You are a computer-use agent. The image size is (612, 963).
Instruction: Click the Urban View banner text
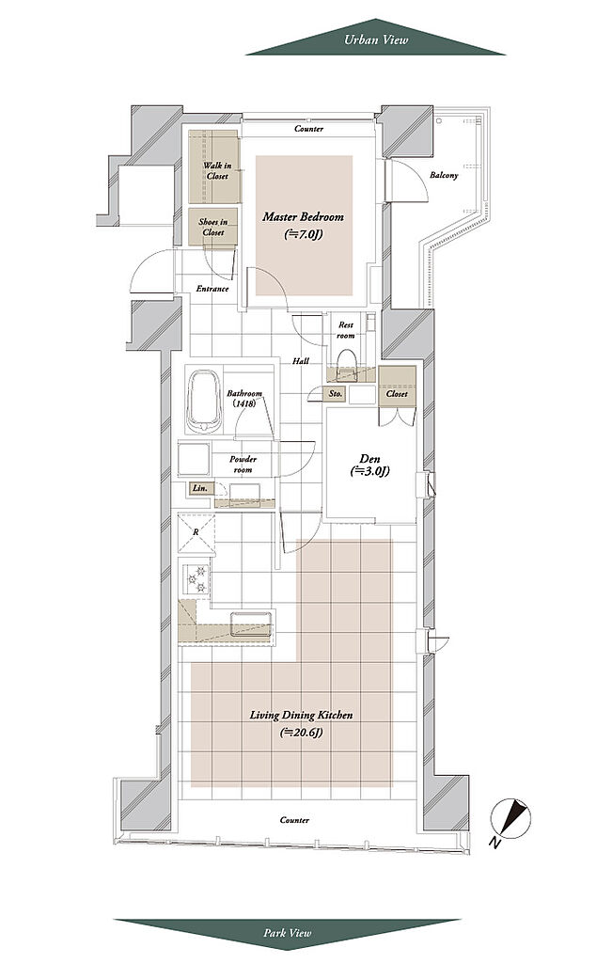tap(376, 39)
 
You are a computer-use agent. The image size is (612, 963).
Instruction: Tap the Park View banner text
tap(288, 933)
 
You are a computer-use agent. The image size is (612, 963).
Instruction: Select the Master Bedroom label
tap(304, 217)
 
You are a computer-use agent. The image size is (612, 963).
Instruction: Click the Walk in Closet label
tap(217, 171)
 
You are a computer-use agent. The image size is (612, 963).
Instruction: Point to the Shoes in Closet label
tap(213, 228)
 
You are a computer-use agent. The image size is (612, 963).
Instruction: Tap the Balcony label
tap(444, 175)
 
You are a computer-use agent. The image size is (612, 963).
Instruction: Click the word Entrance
tap(212, 289)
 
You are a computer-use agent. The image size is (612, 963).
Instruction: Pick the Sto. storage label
tap(336, 394)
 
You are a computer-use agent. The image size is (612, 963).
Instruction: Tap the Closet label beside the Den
tap(397, 393)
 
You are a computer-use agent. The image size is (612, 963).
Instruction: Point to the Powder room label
tap(243, 465)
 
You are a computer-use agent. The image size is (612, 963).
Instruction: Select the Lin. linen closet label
tap(200, 488)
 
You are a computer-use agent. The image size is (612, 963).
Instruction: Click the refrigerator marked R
tap(196, 532)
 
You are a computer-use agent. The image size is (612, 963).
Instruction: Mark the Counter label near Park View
tap(294, 820)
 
